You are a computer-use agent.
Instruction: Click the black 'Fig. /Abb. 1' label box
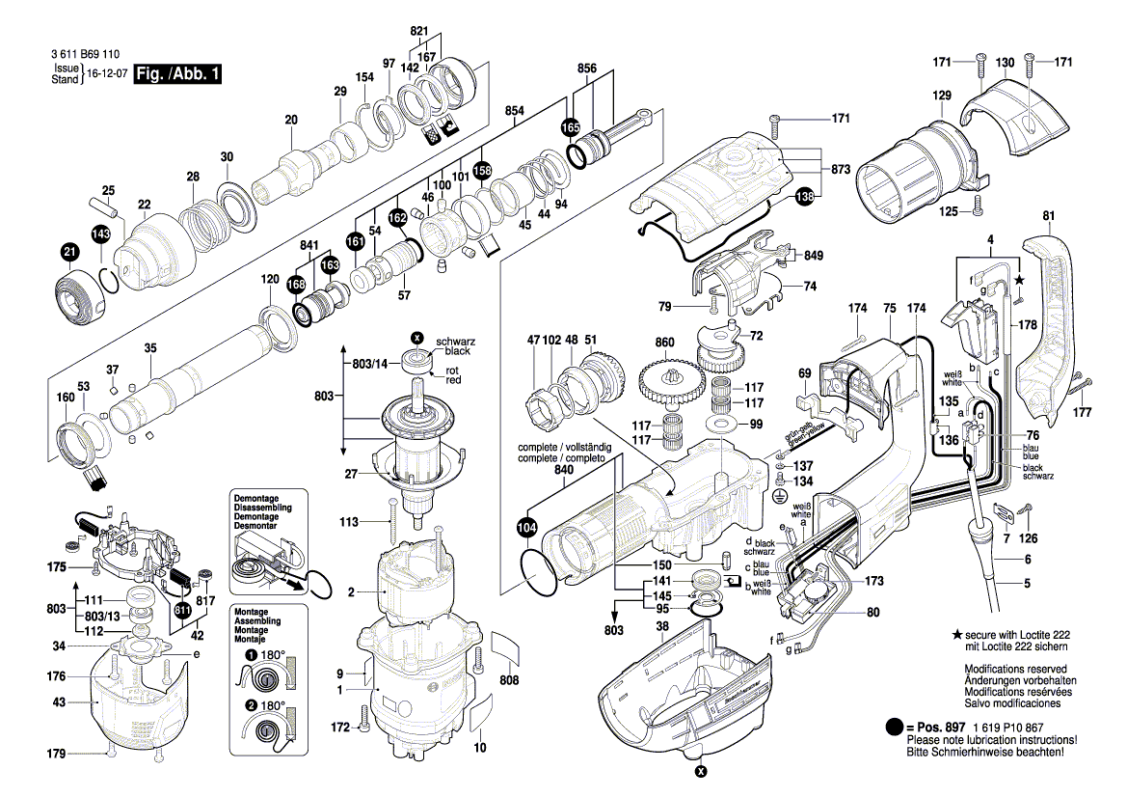click(x=177, y=74)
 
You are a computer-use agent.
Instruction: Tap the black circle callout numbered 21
click(x=68, y=254)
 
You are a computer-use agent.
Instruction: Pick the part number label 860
click(x=664, y=343)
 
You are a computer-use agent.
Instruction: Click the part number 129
click(x=941, y=96)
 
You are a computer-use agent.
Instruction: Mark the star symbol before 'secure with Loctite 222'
click(x=956, y=635)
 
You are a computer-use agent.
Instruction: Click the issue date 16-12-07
click(x=108, y=74)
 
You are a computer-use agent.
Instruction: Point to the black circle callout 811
click(x=182, y=610)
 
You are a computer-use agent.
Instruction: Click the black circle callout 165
click(x=572, y=127)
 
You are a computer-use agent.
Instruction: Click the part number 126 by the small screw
click(x=1030, y=538)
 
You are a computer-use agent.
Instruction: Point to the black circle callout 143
click(x=101, y=234)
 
